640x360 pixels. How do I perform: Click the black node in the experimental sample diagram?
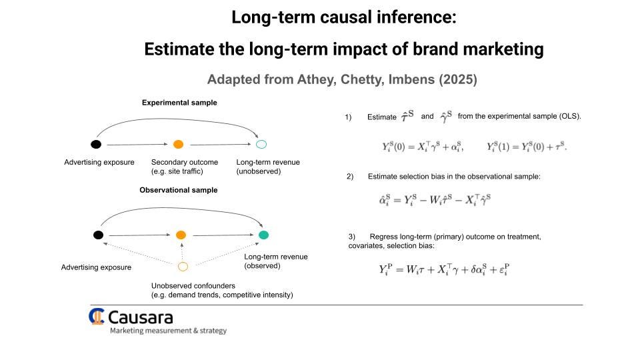96,144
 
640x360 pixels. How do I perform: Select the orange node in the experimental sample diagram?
178,144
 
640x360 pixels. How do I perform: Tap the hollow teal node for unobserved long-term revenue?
261,144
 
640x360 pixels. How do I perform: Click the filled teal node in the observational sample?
263,235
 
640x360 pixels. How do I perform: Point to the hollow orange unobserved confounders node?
183,267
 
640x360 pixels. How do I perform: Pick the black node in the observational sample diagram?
98,235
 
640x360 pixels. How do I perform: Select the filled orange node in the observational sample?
181,235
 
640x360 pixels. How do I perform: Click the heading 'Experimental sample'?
179,103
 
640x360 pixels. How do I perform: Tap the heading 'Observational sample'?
178,190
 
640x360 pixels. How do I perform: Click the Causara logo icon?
97,316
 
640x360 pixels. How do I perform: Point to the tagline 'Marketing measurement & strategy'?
168,331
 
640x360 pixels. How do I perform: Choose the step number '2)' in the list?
350,176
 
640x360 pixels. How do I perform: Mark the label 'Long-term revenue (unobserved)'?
268,167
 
